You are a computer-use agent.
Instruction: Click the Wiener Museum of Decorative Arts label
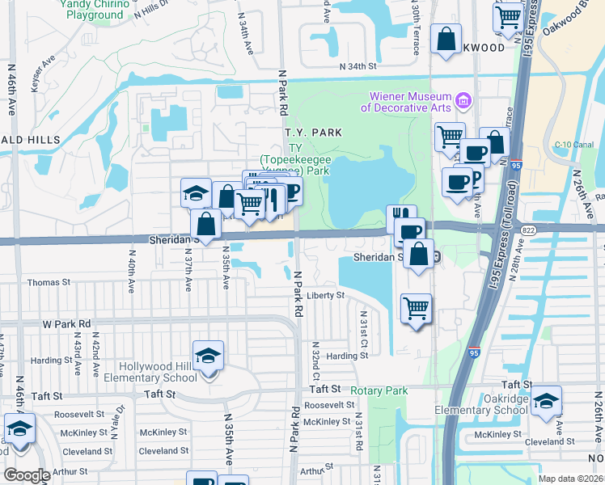406,102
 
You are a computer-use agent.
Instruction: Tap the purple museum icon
463,101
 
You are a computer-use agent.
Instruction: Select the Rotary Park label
386,391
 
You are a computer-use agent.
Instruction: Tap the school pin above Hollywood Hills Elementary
208,356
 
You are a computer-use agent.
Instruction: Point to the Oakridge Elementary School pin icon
547,401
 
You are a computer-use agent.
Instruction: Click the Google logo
27,474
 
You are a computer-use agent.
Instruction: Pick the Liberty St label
326,296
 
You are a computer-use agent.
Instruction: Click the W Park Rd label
66,323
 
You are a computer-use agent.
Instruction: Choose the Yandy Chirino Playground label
95,10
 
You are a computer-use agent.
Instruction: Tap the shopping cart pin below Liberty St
416,308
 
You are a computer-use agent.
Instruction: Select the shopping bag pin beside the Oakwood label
446,39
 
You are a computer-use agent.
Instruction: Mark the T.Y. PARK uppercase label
313,133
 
